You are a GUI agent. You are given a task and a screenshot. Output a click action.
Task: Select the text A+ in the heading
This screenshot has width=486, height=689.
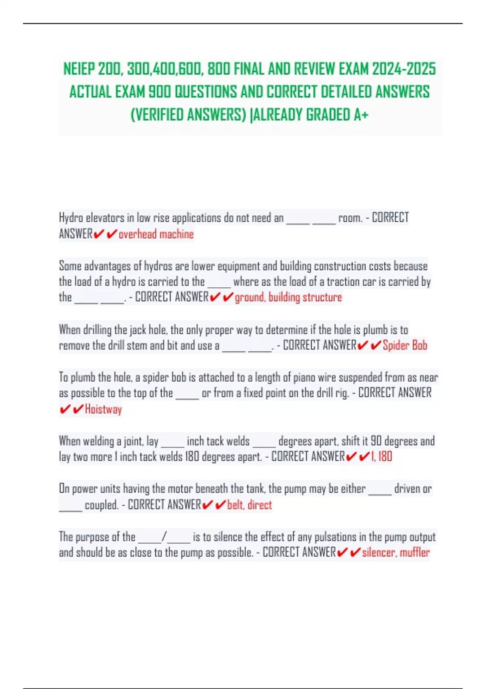pos(361,115)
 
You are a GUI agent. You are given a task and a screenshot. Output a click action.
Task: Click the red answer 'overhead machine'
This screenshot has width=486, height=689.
pos(156,234)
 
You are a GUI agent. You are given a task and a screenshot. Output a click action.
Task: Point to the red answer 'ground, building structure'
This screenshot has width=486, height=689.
pos(288,297)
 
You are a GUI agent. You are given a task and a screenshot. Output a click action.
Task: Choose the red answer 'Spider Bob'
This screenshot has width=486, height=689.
pos(405,345)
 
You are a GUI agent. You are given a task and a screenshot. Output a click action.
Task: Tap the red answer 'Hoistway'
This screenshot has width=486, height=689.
pos(103,409)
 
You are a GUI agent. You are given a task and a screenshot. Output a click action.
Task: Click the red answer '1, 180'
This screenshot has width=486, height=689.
pos(382,457)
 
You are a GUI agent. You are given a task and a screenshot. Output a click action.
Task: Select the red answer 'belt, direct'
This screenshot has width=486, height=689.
pos(249,505)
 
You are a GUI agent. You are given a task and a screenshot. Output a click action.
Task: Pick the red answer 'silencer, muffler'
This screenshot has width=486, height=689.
pos(396,552)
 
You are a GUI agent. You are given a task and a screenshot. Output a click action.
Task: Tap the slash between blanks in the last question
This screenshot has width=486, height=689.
pos(164,537)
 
